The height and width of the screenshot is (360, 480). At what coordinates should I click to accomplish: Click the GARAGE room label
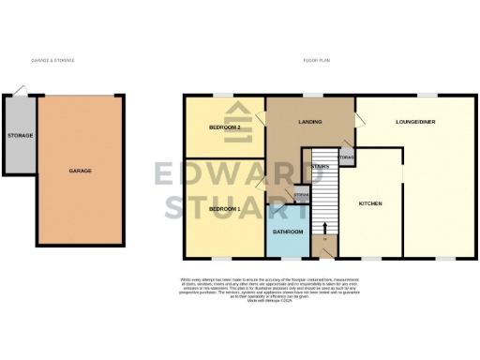[79, 172]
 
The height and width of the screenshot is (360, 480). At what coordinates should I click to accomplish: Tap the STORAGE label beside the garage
[20, 136]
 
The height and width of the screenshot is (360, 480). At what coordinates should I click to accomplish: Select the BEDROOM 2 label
[225, 127]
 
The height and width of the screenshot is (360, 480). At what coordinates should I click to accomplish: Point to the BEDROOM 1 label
[225, 207]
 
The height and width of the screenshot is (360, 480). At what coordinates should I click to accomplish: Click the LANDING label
[310, 120]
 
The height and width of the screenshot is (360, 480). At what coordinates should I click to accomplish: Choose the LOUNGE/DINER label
[416, 122]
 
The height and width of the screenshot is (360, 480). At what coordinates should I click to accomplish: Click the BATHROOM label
[287, 232]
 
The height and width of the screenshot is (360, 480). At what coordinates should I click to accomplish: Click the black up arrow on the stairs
[324, 227]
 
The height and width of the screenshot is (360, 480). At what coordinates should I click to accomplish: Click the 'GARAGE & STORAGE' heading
[52, 60]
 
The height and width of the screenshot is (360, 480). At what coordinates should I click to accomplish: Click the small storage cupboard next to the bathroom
[301, 194]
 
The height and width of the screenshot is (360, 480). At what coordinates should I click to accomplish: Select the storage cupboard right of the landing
[347, 157]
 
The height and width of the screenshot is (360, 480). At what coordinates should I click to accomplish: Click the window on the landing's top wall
[309, 95]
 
